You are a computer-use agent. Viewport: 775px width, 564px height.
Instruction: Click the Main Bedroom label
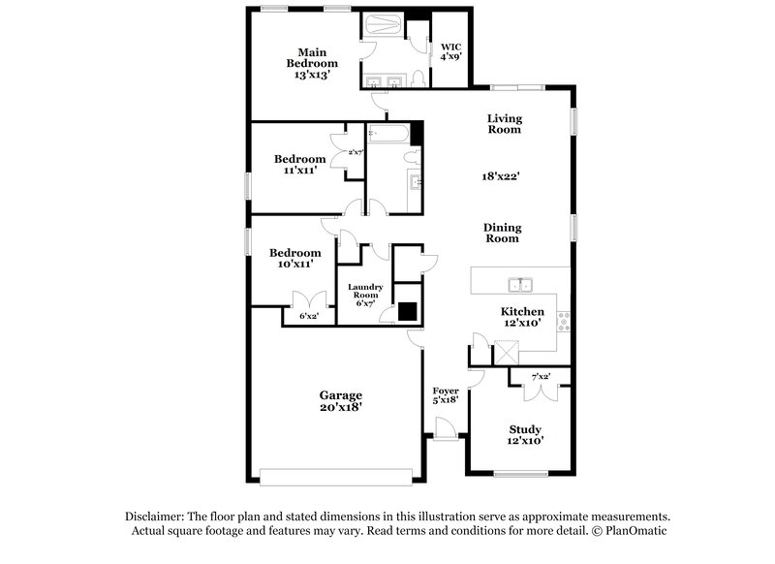tap(311, 63)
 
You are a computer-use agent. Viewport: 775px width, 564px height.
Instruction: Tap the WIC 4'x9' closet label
tap(450, 51)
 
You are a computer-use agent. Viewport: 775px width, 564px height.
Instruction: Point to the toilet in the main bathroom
tap(416, 78)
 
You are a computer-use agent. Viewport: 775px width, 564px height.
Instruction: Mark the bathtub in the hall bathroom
tap(388, 133)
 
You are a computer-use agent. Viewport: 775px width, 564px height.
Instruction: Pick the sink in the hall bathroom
tap(417, 182)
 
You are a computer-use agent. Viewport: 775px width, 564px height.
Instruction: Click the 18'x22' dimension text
tap(503, 176)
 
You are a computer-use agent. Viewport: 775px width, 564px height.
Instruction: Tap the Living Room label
tap(504, 123)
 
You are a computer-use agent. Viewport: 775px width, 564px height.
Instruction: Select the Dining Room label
tap(502, 233)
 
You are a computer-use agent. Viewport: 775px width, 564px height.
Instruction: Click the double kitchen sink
tap(520, 284)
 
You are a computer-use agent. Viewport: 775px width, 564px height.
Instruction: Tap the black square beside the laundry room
tap(408, 311)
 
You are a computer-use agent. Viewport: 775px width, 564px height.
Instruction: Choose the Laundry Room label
tap(366, 293)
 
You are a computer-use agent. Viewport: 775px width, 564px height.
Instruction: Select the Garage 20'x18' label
tap(341, 401)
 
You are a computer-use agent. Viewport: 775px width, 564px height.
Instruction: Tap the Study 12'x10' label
tap(525, 434)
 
